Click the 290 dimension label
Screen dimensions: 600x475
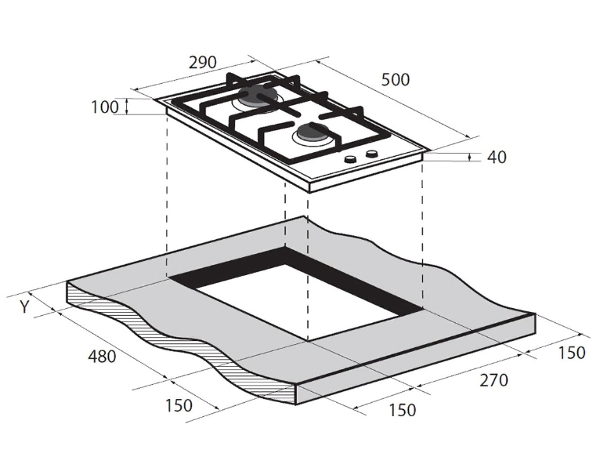[202, 62]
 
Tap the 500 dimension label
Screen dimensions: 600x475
[396, 80]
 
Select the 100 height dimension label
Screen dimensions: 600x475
[105, 107]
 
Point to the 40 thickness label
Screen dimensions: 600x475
[497, 157]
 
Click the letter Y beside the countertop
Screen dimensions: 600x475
[24, 306]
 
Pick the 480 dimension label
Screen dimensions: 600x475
[102, 357]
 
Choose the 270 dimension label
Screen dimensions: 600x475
[494, 380]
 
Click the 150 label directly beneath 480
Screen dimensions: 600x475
[179, 405]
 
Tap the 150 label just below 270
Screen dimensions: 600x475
[402, 410]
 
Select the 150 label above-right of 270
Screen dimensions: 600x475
[572, 353]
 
